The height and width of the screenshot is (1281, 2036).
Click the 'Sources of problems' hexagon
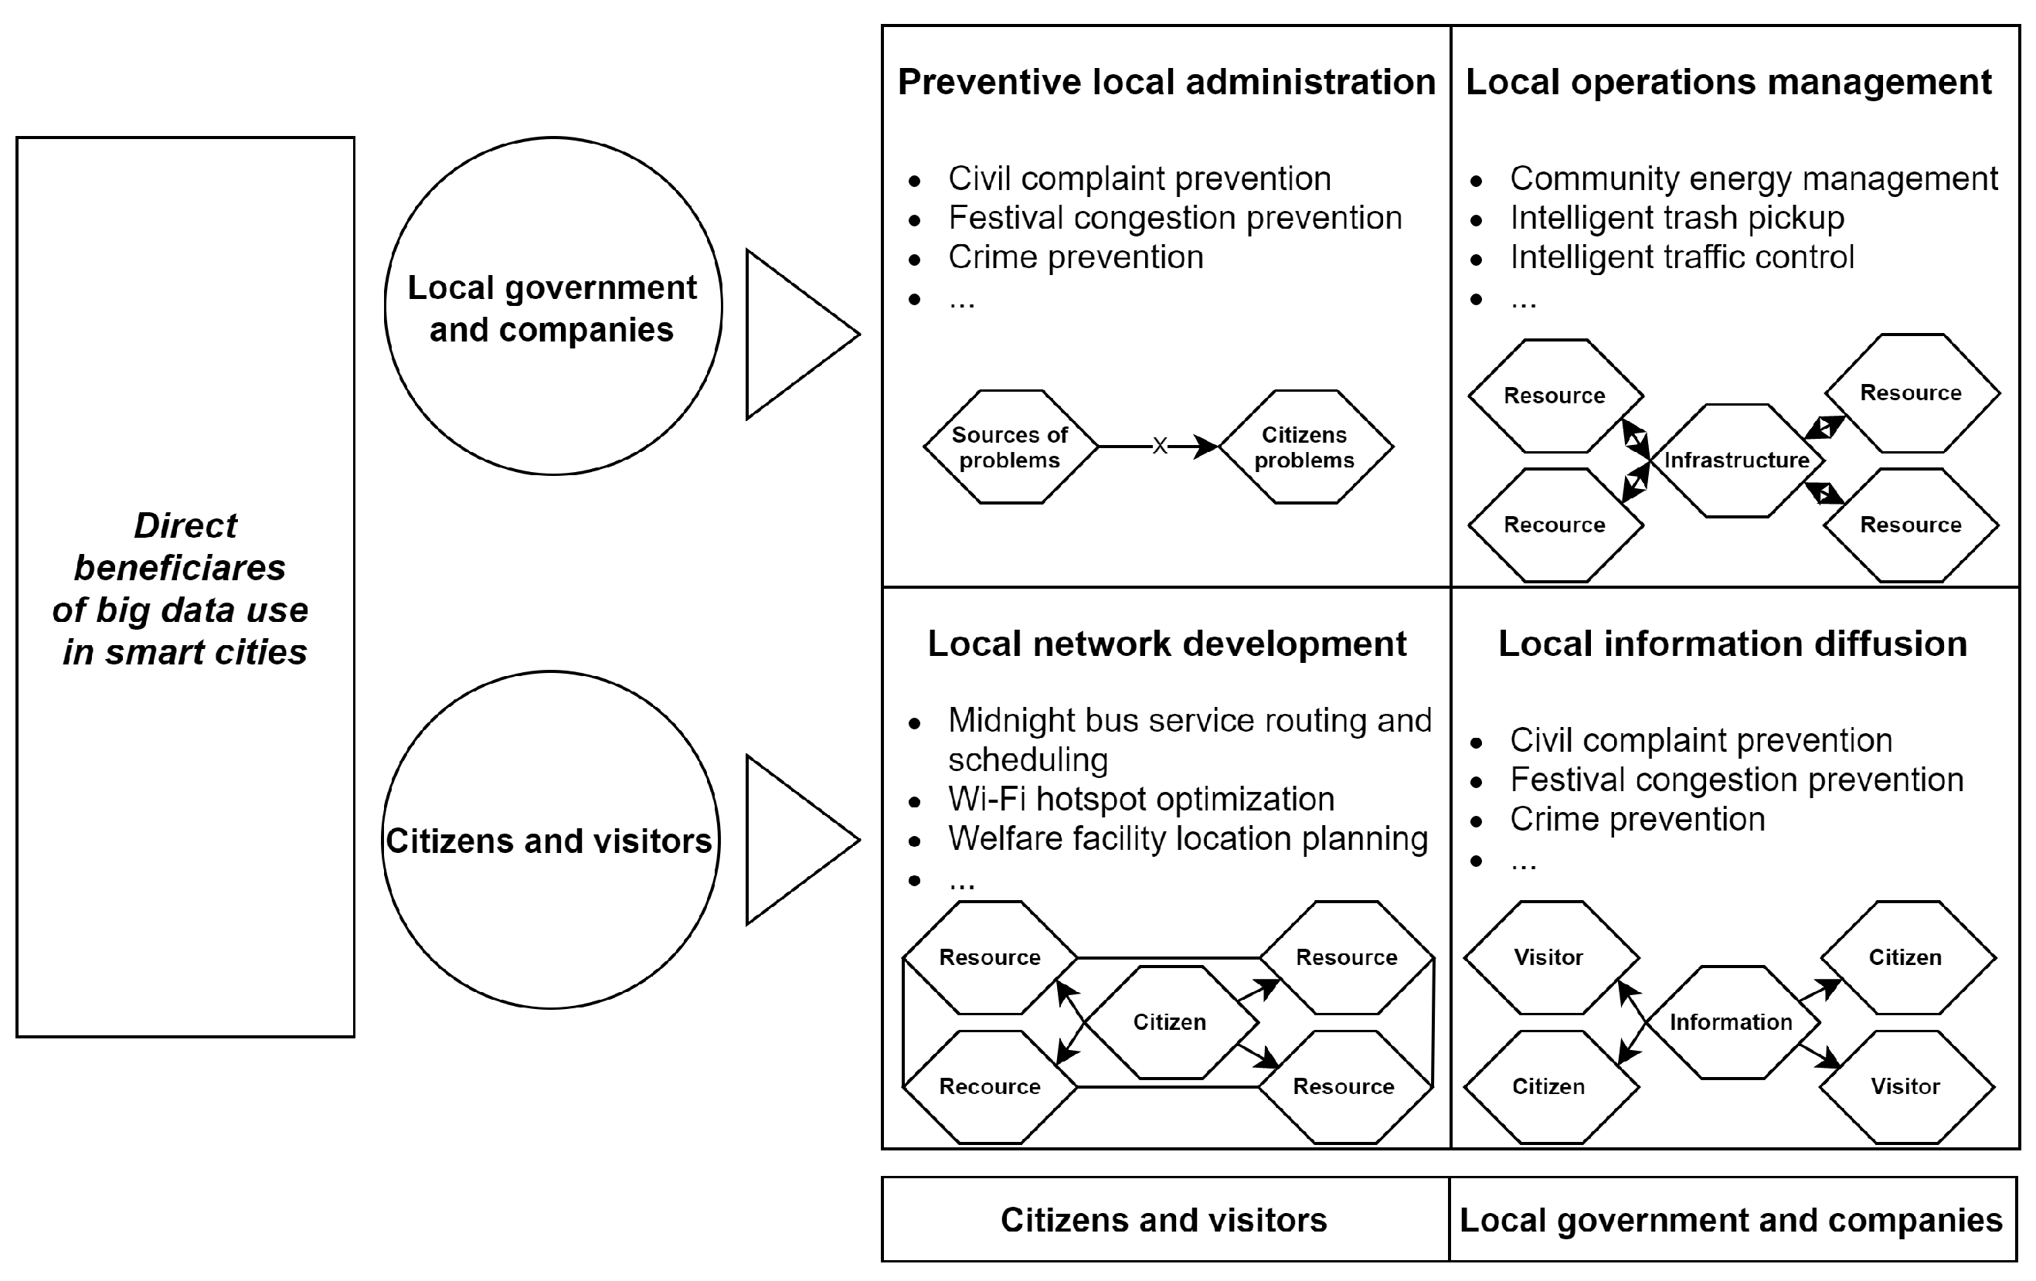(1010, 447)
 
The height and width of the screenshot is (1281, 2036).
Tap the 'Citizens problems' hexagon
(1304, 447)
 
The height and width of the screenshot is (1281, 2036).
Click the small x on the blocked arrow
(1160, 446)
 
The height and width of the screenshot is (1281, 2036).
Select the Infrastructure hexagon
(1737, 460)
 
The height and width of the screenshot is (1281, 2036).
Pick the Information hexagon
(1731, 1021)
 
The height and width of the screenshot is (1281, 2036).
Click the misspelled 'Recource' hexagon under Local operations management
(1554, 525)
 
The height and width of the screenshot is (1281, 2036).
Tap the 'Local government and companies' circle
(553, 307)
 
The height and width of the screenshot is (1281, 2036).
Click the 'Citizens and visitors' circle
(549, 841)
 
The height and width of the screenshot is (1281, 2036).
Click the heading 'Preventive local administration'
(1166, 82)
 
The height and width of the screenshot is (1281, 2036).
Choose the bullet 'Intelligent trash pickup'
(1677, 218)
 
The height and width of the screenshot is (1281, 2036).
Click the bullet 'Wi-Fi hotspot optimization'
(1140, 799)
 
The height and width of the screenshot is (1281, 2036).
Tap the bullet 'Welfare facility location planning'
(1187, 839)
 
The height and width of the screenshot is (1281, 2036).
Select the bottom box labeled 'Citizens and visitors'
(1164, 1220)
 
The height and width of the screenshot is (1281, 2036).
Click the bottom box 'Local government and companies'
(1731, 1220)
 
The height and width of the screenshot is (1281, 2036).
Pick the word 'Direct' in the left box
(185, 526)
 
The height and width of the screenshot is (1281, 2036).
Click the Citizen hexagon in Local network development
(1169, 1021)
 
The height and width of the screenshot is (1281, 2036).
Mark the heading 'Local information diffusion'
(1732, 644)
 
